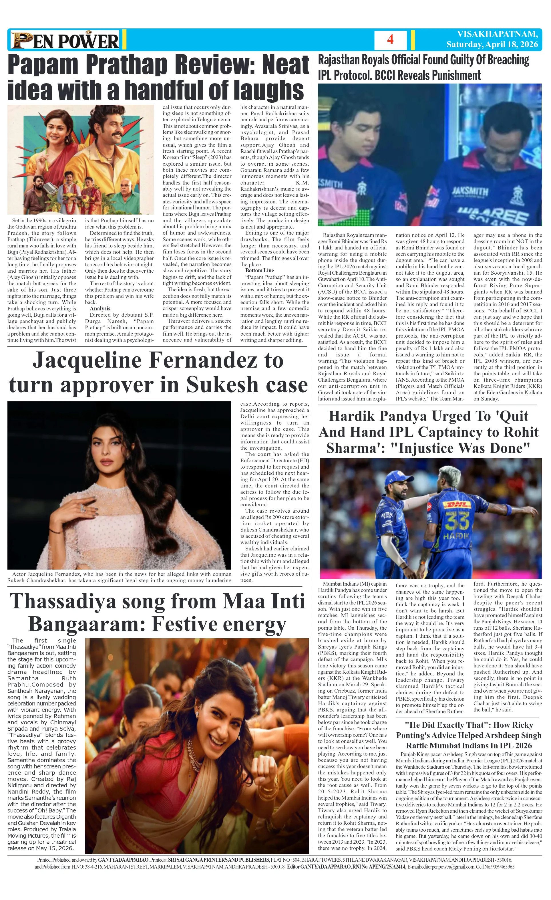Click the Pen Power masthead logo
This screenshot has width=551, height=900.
tap(65, 40)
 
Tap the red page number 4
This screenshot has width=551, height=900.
tap(390, 39)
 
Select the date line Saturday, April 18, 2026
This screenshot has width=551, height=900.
tap(492, 44)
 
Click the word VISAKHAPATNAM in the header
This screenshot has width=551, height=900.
tap(497, 34)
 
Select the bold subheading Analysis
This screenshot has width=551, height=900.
tap(100, 309)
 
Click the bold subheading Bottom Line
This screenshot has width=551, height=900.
tap(260, 271)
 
